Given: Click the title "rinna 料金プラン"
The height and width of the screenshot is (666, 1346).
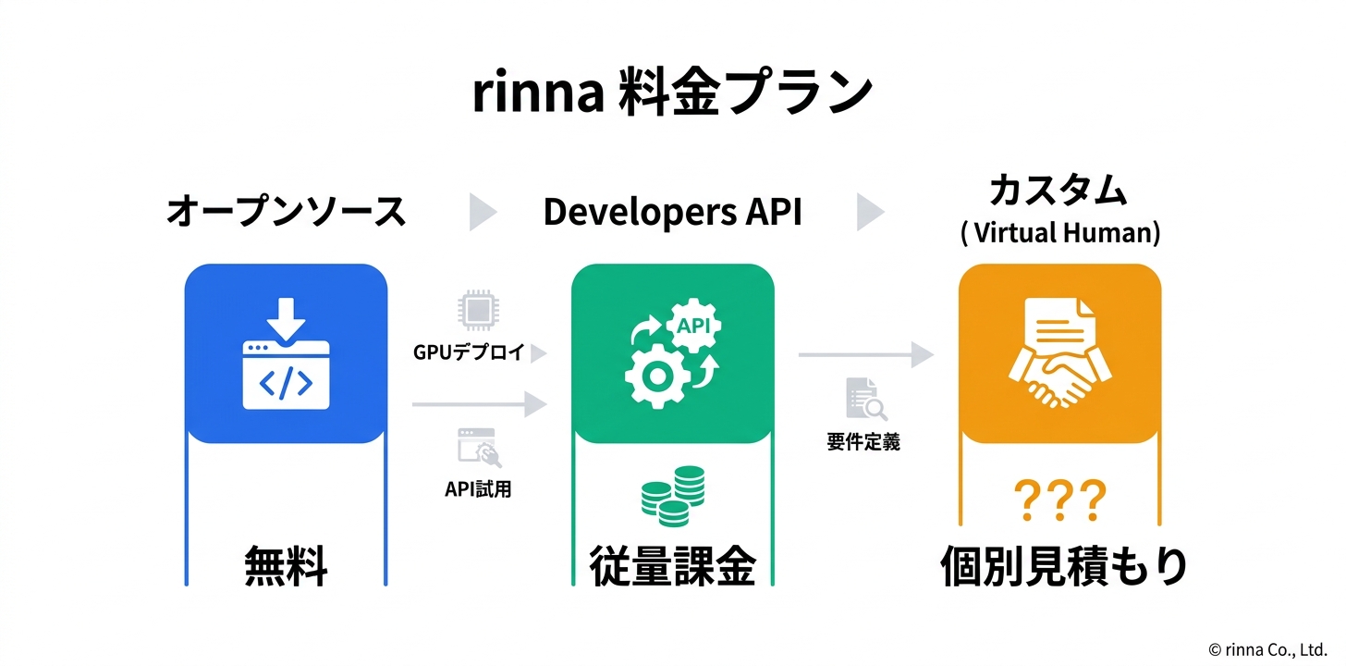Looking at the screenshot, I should (x=672, y=93).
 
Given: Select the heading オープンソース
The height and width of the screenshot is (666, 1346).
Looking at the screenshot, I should (x=286, y=212).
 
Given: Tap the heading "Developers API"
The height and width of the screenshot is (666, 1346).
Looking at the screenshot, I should (x=672, y=212).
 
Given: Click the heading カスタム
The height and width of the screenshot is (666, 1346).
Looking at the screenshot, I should (x=1058, y=191).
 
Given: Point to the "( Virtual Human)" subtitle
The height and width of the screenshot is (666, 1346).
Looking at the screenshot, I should (x=1059, y=232).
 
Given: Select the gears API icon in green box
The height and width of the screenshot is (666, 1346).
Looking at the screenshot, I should (x=672, y=352).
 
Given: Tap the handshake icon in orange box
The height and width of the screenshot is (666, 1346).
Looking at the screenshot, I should (x=1059, y=354).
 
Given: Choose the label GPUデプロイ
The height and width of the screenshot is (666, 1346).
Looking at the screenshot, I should (x=469, y=352).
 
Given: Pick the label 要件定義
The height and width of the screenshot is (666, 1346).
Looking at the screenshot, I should (x=863, y=442).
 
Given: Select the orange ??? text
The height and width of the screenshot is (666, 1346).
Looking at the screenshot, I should (x=1059, y=500).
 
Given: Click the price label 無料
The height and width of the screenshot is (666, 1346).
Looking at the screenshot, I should (x=286, y=566).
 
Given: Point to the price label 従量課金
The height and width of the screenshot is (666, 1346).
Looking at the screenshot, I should (x=673, y=566).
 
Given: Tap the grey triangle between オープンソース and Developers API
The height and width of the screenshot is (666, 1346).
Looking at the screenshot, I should (x=482, y=212).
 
